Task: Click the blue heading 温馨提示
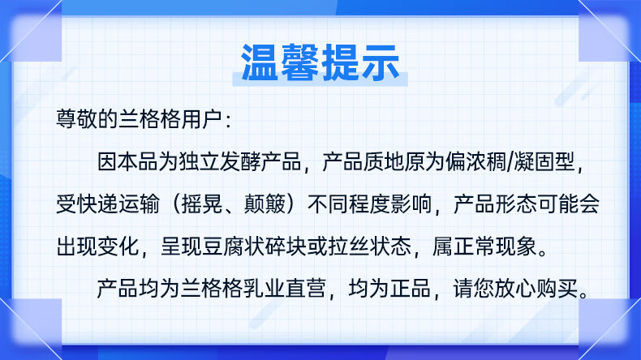click(320, 62)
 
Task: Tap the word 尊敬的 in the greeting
click(87, 119)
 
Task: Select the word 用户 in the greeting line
click(201, 119)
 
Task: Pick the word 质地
click(384, 162)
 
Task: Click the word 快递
click(97, 204)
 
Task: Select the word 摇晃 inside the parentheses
click(201, 204)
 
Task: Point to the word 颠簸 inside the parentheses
click(265, 204)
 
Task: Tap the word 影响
click(411, 204)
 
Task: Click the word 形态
click(516, 204)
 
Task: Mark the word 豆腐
click(223, 246)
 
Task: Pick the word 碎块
click(286, 246)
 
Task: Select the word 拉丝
click(348, 246)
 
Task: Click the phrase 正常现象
click(495, 246)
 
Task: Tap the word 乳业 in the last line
click(264, 289)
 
